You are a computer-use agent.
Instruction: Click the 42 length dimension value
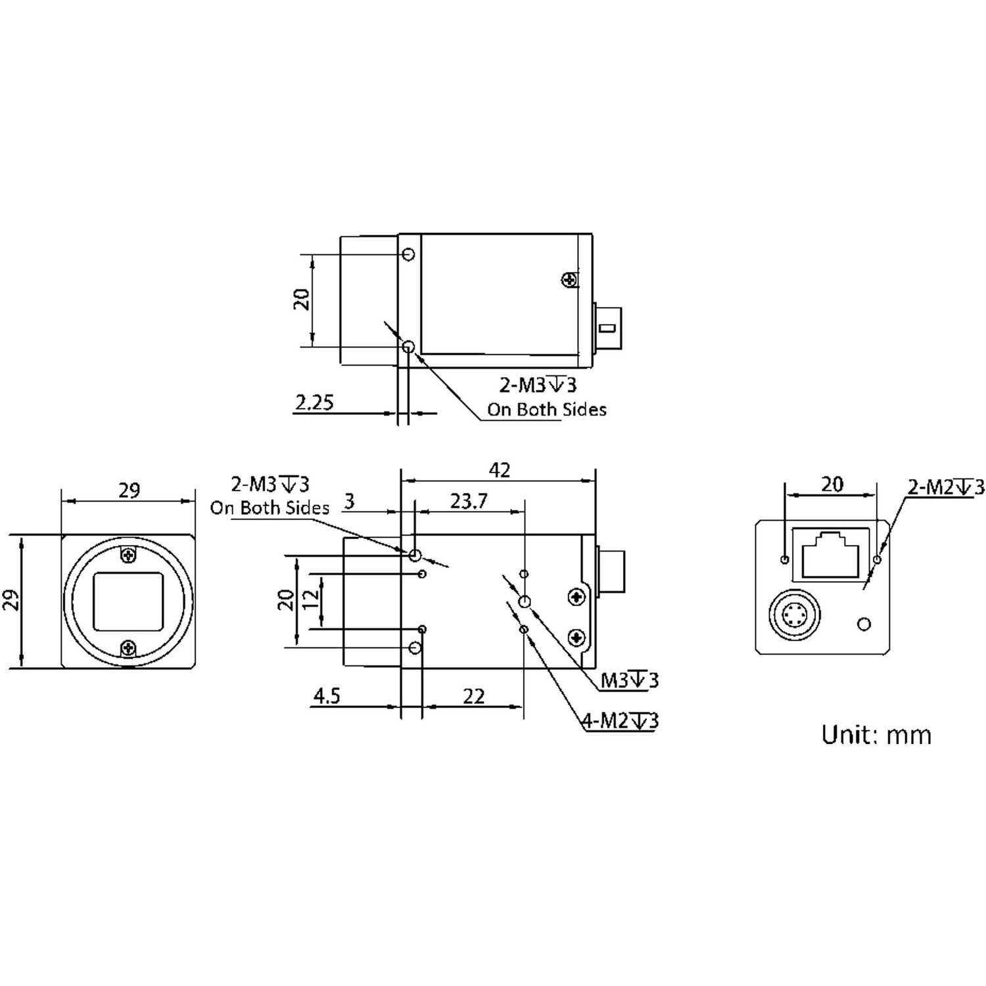tap(500, 470)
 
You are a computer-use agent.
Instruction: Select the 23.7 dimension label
tap(469, 502)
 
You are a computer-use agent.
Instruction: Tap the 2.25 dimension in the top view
tap(314, 402)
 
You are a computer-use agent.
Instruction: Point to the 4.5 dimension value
tap(326, 695)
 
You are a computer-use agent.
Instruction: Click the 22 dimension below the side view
tap(473, 695)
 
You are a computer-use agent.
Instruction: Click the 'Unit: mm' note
tap(876, 734)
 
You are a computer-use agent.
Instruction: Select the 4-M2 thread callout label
tap(621, 721)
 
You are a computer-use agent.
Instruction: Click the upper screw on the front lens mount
tap(129, 555)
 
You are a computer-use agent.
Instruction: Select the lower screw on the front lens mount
tap(129, 649)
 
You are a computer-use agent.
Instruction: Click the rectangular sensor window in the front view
tap(129, 601)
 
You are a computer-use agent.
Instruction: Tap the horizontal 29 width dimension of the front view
tap(129, 490)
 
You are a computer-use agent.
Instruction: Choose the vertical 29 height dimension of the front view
tap(12, 601)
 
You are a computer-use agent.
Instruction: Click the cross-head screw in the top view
tap(569, 280)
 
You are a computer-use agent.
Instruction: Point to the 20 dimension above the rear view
tap(832, 484)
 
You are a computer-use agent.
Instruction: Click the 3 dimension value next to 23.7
tap(350, 502)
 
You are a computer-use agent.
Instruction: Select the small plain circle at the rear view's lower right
tap(864, 623)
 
